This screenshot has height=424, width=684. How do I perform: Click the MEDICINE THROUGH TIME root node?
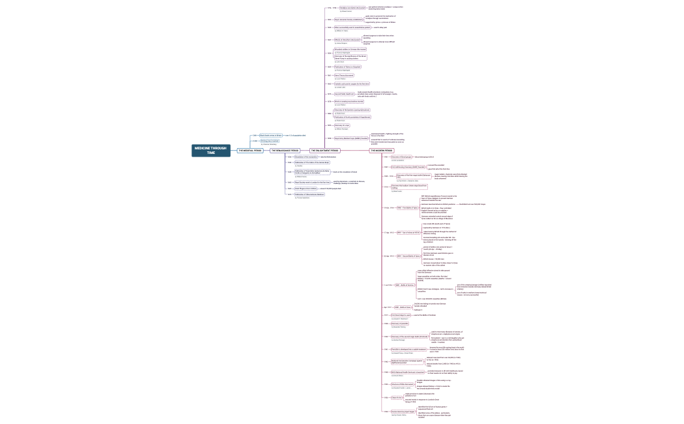point(210,150)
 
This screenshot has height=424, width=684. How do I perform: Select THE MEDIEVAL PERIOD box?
point(249,151)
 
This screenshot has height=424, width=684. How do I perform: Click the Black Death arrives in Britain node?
point(271,135)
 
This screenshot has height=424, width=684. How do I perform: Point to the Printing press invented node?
point(270,140)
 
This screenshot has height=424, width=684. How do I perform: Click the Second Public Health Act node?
point(345,94)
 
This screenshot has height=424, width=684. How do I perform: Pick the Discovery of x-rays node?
point(343,125)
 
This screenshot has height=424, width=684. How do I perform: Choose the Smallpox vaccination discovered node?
point(352,8)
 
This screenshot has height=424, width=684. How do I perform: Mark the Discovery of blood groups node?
point(401,157)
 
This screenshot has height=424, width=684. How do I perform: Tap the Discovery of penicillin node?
point(400,323)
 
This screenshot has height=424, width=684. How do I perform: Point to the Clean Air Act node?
point(397,397)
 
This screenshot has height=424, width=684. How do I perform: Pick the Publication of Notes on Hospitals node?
point(347,67)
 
